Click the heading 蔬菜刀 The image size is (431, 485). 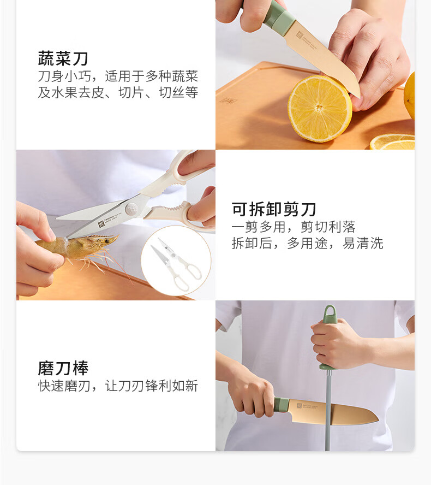63,58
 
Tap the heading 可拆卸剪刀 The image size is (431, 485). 274,209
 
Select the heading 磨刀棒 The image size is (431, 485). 63,368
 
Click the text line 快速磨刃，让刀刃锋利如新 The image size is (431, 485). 118,386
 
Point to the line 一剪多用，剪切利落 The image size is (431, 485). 294,227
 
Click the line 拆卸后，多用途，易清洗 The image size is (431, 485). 307,244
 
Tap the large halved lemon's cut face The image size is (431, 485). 320,109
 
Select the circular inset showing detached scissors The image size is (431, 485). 176,261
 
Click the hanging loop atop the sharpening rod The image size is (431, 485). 330,314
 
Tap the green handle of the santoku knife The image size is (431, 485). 282,405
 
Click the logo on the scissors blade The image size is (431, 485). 101,224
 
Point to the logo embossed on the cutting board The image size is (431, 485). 229,101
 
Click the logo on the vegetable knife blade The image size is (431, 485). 300,34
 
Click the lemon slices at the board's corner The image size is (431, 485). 392,142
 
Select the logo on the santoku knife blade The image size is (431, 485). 299,405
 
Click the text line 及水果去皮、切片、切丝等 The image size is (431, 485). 118,92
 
